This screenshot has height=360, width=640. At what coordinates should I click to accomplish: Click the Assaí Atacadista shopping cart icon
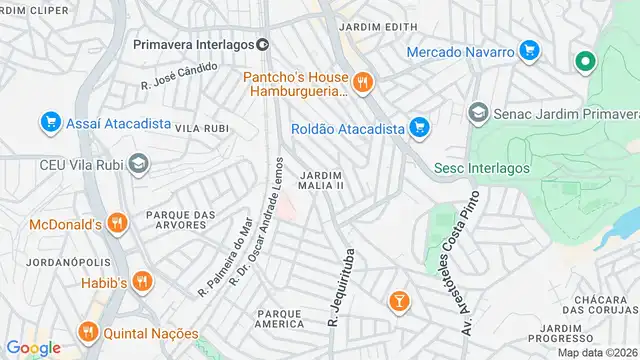pos(49,122)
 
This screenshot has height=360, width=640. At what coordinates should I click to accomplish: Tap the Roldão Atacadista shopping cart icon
pos(420,127)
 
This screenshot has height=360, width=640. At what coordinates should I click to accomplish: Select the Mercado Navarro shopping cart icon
pos(530,50)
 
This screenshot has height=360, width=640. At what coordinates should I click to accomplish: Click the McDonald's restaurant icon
pos(117,223)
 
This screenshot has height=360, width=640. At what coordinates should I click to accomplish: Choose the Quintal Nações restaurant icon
pos(88,331)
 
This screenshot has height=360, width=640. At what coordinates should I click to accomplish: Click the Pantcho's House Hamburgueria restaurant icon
pos(362,82)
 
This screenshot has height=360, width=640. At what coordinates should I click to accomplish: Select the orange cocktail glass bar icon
pos(398,300)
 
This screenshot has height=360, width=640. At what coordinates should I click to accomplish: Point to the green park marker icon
pos(584,62)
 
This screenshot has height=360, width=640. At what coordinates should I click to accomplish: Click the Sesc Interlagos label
pos(481,168)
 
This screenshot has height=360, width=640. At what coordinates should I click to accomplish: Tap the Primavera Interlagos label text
pos(193,43)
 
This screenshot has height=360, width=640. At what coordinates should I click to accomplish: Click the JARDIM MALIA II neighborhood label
pos(321,180)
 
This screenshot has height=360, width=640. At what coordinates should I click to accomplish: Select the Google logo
pos(33,347)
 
